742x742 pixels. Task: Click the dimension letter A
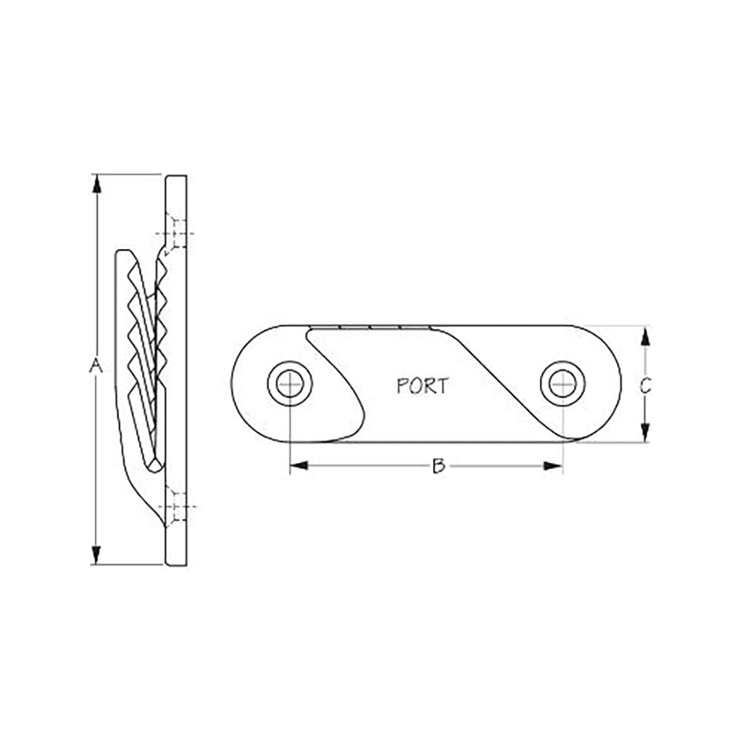pyautogui.click(x=96, y=365)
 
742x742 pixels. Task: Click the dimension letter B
pyautogui.click(x=438, y=466)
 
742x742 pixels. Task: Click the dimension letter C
pyautogui.click(x=645, y=385)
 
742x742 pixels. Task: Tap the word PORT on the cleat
pyautogui.click(x=422, y=386)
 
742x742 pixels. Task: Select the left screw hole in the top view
pyautogui.click(x=290, y=384)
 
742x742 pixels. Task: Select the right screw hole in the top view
pyautogui.click(x=562, y=384)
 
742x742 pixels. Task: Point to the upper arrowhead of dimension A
pyautogui.click(x=96, y=183)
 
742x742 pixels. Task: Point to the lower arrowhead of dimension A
pyautogui.click(x=96, y=555)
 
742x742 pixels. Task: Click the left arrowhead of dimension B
pyautogui.click(x=299, y=466)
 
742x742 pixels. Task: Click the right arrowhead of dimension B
pyautogui.click(x=553, y=466)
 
